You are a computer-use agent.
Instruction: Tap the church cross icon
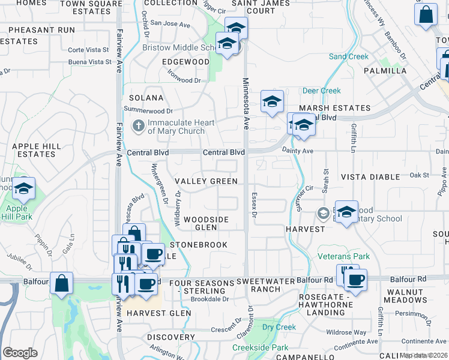[137, 127]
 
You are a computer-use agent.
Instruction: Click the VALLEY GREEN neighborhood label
[206, 181]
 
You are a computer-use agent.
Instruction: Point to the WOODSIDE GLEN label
[206, 223]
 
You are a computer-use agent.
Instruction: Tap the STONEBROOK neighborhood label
[199, 245]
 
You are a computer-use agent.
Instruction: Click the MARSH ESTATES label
[335, 108]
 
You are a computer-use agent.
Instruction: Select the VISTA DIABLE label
[370, 177]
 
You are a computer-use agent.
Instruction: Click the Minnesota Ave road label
[246, 102]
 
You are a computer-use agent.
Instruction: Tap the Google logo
[20, 353]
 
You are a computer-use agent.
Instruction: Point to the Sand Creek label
[348, 56]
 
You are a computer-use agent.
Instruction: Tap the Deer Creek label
[322, 91]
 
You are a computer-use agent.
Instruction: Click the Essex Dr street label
[254, 208]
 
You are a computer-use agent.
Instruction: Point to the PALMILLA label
[385, 70]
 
